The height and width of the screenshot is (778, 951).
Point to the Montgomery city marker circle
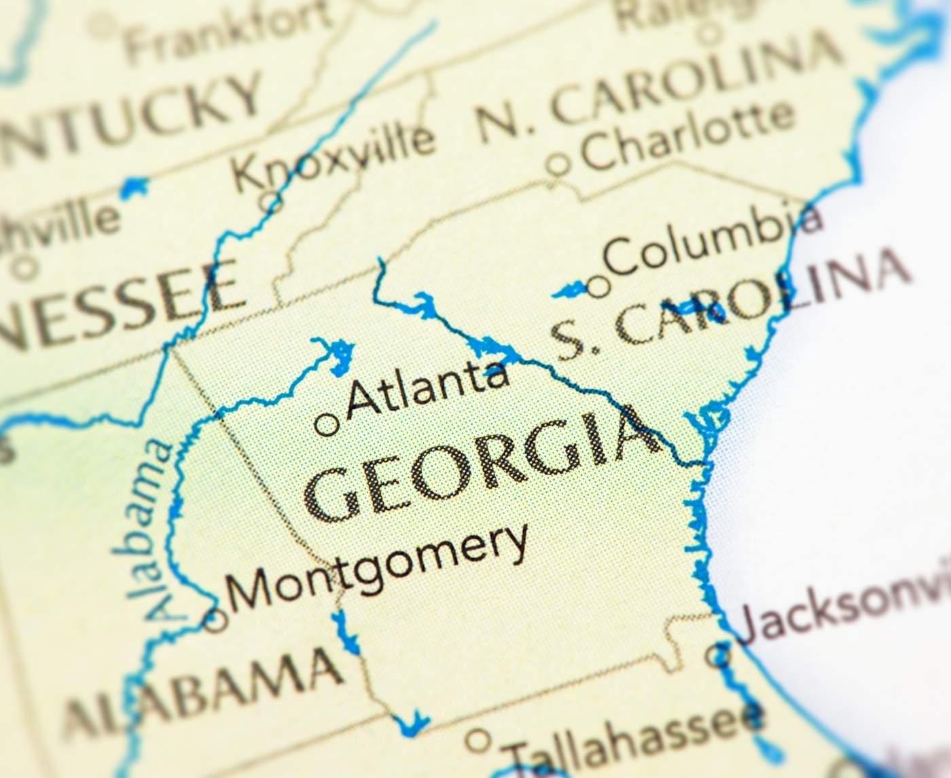216,619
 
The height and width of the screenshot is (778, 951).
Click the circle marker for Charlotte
558,164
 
